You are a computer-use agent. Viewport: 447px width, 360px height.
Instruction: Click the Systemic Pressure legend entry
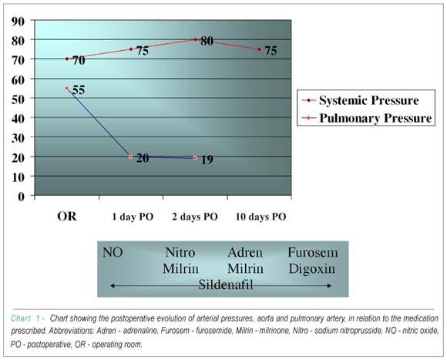(x=361, y=100)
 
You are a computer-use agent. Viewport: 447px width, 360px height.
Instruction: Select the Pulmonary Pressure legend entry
(x=367, y=118)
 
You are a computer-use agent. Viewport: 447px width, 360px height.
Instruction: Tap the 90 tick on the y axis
(x=18, y=21)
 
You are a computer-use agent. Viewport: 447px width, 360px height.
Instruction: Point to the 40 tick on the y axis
(x=18, y=118)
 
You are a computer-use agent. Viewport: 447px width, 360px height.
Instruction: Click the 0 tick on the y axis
(x=22, y=197)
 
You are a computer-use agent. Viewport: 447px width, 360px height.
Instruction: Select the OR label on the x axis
(x=67, y=217)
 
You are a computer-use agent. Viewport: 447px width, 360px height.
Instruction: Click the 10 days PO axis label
(x=260, y=217)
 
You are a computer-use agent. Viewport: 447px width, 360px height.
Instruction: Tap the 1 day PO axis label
(x=133, y=217)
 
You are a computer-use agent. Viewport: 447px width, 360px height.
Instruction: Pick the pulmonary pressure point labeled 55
(x=67, y=89)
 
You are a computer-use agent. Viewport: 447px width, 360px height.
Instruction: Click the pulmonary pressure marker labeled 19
(x=195, y=158)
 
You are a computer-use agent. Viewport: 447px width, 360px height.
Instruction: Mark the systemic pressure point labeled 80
(x=195, y=39)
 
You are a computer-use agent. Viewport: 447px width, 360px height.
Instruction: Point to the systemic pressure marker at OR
(x=67, y=59)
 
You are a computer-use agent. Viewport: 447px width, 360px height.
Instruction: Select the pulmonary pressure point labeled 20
(x=130, y=156)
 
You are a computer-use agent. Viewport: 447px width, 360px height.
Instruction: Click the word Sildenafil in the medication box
(x=226, y=284)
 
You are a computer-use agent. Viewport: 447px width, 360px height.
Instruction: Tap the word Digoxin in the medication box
(x=312, y=269)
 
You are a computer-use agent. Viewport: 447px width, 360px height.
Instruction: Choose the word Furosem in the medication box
(x=312, y=253)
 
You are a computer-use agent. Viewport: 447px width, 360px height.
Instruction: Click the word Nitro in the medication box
(x=180, y=253)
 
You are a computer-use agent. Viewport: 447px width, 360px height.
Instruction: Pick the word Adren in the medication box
(x=245, y=253)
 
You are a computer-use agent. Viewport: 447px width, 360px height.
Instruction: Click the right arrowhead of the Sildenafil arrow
(x=329, y=285)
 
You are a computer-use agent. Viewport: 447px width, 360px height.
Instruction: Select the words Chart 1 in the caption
(x=25, y=318)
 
